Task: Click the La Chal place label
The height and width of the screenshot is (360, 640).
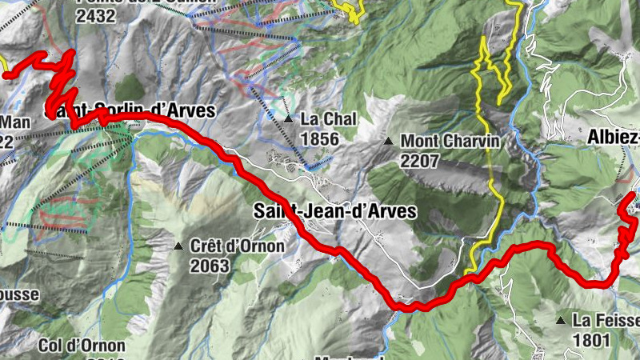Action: (x=328, y=118)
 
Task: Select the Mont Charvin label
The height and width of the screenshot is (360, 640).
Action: (x=450, y=141)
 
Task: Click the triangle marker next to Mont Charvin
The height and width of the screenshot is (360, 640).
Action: (x=389, y=142)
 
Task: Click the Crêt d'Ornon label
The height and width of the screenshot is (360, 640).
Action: (x=237, y=246)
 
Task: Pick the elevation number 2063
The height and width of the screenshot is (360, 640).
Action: (x=210, y=266)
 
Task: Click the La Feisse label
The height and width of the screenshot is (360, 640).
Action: (x=606, y=320)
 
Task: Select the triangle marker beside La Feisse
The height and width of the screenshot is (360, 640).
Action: (x=561, y=321)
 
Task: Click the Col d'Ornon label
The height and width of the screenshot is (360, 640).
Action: (x=82, y=346)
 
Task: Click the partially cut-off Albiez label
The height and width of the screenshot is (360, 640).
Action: (x=614, y=136)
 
